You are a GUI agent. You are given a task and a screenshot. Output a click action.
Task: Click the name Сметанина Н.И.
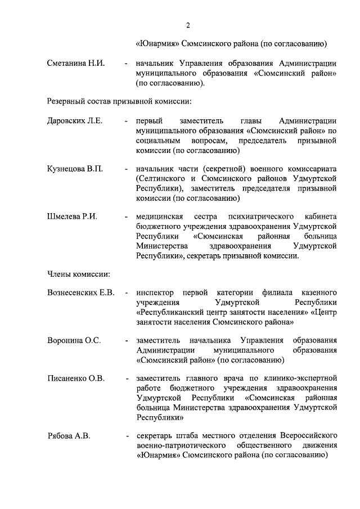point(76,63)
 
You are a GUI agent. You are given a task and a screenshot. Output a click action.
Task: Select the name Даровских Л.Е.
point(75,121)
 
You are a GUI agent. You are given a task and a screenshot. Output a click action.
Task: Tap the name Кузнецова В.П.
point(75,169)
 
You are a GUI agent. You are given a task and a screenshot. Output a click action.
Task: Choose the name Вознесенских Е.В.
point(81,293)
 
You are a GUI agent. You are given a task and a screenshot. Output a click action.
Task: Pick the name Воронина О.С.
point(74,340)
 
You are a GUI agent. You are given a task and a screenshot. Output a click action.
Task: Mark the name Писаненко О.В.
point(76,379)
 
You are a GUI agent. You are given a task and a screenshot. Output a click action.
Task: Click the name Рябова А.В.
point(69,436)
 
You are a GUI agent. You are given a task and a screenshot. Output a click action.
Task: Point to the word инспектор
point(155,293)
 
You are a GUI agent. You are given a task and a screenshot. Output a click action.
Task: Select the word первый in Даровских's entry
point(149,121)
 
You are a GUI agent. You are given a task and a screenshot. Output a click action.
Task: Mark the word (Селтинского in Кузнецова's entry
point(160,178)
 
